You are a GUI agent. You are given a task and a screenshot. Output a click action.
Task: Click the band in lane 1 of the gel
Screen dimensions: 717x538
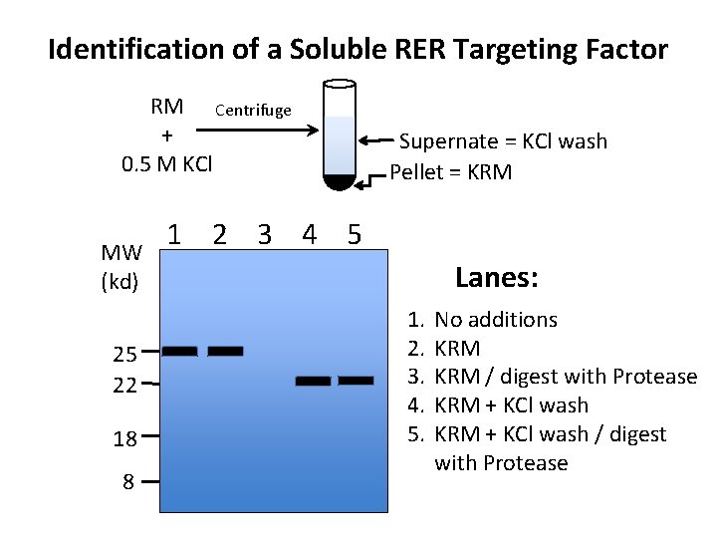click(x=180, y=351)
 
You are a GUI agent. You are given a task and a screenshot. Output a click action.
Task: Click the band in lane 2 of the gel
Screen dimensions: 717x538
click(x=225, y=351)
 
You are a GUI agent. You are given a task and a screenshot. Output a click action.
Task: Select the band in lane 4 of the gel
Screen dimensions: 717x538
click(x=313, y=381)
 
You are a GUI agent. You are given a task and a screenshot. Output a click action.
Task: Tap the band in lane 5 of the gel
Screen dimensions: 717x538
click(x=356, y=381)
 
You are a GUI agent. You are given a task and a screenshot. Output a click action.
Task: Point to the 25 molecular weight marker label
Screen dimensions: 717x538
click(x=125, y=354)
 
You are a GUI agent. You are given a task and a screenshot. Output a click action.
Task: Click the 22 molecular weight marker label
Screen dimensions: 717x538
click(x=125, y=385)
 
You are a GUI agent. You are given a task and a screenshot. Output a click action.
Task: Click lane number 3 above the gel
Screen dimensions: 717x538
click(x=264, y=235)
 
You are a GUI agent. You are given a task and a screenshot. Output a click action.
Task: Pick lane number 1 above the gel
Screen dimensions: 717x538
click(x=174, y=235)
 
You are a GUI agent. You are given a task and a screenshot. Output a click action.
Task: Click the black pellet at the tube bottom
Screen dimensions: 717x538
click(x=340, y=181)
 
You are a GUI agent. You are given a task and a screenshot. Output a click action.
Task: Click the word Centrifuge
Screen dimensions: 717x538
click(x=253, y=110)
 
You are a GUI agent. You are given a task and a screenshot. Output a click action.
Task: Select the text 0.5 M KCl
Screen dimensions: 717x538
click(x=166, y=162)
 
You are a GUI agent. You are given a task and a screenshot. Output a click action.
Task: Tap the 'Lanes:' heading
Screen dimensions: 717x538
click(x=496, y=278)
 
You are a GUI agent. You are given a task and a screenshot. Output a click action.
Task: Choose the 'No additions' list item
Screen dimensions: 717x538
click(x=496, y=320)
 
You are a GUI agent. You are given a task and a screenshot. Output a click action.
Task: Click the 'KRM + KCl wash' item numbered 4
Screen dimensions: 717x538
click(x=512, y=405)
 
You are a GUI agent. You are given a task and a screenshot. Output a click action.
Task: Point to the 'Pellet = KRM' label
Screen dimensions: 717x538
click(x=450, y=172)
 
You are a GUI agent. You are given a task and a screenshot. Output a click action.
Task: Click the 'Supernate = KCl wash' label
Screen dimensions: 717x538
click(x=503, y=141)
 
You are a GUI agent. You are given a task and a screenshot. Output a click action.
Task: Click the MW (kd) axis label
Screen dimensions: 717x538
click(x=120, y=267)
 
